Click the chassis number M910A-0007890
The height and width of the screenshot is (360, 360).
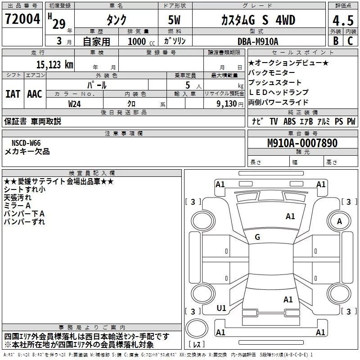point(302,143)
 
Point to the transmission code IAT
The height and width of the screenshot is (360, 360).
point(13,94)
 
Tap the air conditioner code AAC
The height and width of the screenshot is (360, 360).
point(34,94)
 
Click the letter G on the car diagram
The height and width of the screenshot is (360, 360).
point(257,237)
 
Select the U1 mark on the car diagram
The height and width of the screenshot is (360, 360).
point(221,308)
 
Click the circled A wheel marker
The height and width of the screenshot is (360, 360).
point(340,221)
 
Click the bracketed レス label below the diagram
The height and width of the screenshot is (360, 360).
point(196,345)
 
